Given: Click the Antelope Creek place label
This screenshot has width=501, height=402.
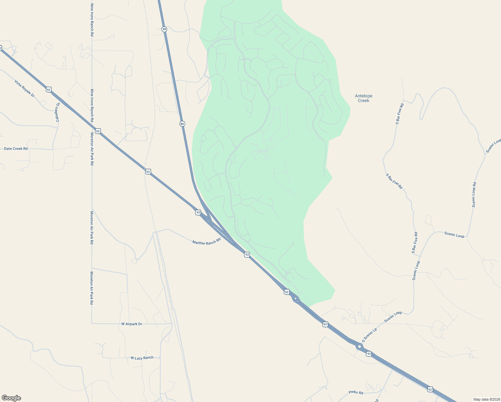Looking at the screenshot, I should (x=363, y=98).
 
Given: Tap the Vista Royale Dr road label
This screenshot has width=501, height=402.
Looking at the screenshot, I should (x=24, y=88).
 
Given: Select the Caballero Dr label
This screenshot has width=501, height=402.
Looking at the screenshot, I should (x=58, y=112).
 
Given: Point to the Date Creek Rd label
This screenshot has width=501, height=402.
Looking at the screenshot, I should (x=16, y=148).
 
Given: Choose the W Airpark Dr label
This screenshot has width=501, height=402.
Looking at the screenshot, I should (x=132, y=324).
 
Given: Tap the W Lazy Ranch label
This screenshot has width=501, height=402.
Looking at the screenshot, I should (x=142, y=358).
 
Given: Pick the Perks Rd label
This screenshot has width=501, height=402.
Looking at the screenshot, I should (x=356, y=392).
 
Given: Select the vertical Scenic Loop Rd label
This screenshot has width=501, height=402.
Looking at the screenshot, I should (x=474, y=195).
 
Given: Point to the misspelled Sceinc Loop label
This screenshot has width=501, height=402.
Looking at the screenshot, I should (x=493, y=146).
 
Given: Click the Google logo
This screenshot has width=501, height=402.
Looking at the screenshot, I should (x=11, y=398).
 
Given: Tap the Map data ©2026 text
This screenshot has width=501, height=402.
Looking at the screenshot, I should (x=486, y=399).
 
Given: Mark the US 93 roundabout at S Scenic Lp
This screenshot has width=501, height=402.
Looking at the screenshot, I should (x=359, y=347).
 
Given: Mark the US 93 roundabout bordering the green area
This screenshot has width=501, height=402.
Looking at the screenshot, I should (x=295, y=298).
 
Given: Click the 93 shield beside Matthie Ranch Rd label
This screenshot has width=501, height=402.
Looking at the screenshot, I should (x=247, y=255).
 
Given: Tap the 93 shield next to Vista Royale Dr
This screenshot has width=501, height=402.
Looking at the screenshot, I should (x=49, y=89).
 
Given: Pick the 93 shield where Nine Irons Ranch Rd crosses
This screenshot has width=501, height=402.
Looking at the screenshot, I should (x=97, y=131).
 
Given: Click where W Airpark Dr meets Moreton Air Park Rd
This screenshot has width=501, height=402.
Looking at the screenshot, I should (x=91, y=323).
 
